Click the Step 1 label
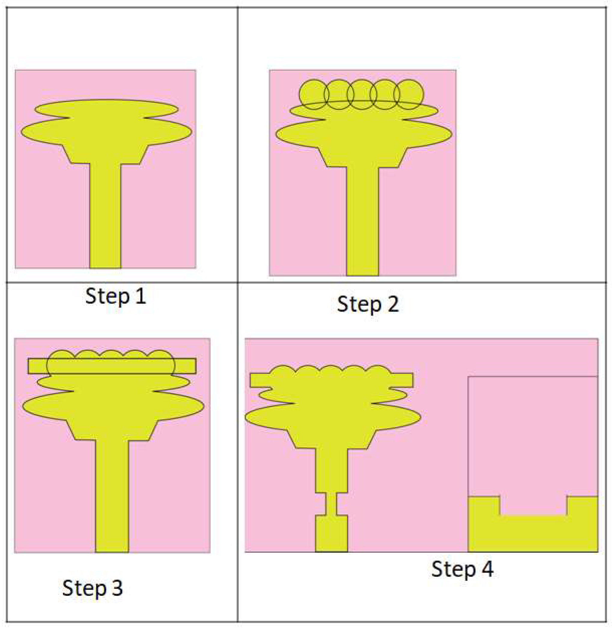pyautogui.click(x=115, y=296)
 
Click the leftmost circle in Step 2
pyautogui.click(x=300, y=94)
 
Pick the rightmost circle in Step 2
pyautogui.click(x=423, y=94)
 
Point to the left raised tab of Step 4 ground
pyautogui.click(x=484, y=506)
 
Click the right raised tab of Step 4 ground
pyautogui.click(x=582, y=506)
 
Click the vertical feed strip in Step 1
pyautogui.click(x=105, y=216)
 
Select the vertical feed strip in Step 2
pyautogui.click(x=362, y=222)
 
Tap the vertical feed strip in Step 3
pyautogui.click(x=112, y=496)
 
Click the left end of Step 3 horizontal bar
pyautogui.click(x=28, y=366)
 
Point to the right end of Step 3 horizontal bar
pyautogui.click(x=196, y=366)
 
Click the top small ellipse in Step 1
pyautogui.click(x=106, y=109)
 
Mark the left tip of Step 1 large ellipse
pyautogui.click(x=21, y=132)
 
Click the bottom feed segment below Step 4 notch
pyautogui.click(x=331, y=534)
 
